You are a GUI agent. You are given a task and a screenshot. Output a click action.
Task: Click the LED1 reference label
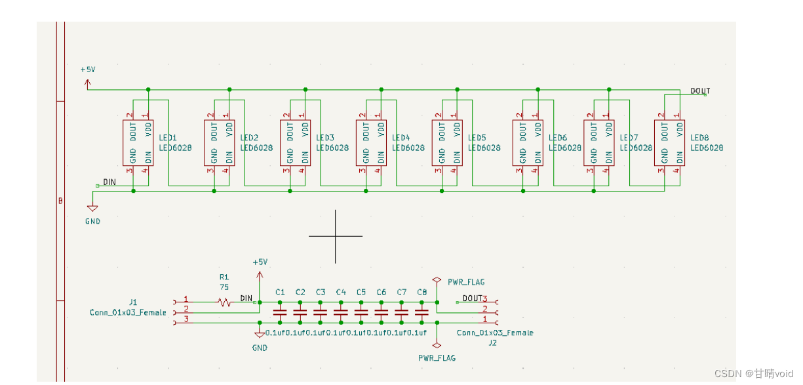click(168, 138)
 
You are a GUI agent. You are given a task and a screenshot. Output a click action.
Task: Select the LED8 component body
click(670, 142)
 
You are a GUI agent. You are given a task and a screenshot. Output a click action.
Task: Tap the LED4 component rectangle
click(372, 142)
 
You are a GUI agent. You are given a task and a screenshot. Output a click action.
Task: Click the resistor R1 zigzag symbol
click(225, 302)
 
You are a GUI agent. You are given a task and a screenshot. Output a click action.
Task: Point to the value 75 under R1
click(224, 287)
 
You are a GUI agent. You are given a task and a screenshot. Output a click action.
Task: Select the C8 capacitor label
click(421, 292)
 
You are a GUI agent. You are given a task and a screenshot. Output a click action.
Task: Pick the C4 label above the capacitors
click(341, 292)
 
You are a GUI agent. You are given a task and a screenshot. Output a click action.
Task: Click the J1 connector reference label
click(133, 302)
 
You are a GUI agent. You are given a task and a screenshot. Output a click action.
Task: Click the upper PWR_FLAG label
click(466, 282)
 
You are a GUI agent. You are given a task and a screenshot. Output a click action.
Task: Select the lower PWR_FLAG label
click(437, 358)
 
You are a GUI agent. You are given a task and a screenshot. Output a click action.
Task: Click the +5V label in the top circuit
click(88, 70)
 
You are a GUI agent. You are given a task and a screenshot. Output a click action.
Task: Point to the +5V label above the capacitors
click(260, 262)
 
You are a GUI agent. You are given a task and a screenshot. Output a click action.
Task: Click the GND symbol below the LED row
click(92, 209)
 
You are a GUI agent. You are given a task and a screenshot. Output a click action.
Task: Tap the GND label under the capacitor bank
click(260, 348)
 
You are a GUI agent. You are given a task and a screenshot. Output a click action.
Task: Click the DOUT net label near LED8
click(699, 91)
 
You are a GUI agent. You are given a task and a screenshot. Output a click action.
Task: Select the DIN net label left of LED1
click(109, 182)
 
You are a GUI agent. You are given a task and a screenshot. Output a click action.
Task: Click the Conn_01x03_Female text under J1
click(128, 313)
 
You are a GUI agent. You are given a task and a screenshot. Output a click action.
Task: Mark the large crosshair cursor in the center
click(336, 236)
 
